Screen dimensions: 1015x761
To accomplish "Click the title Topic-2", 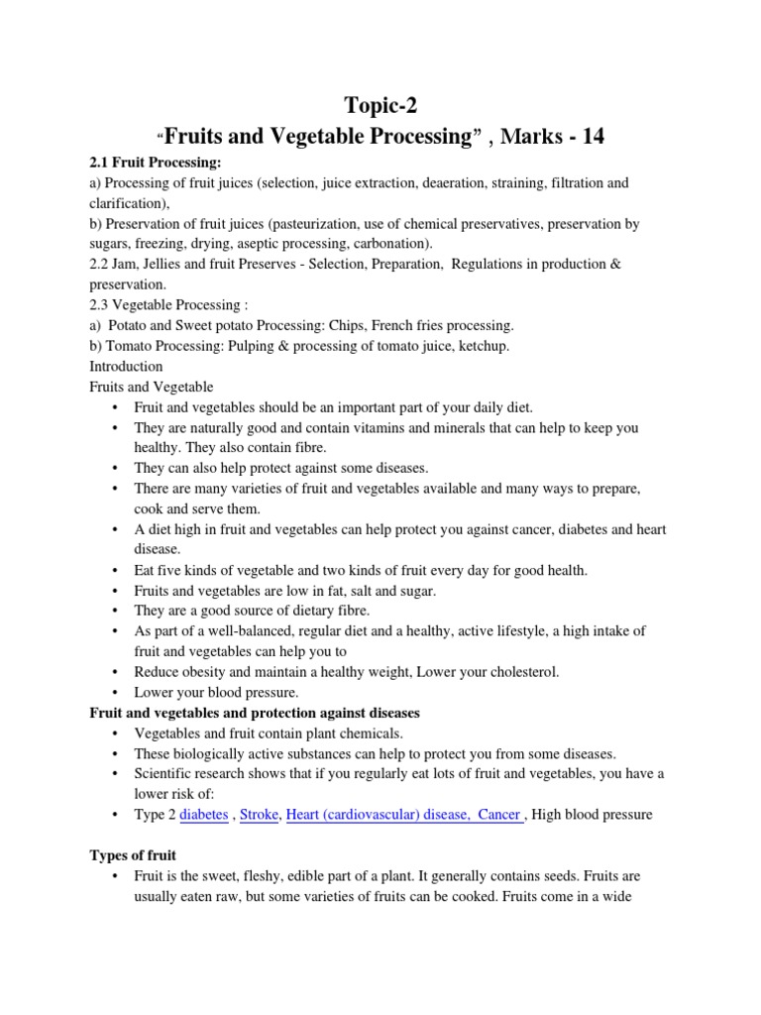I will [x=380, y=106].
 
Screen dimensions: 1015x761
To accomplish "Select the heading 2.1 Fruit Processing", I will [x=156, y=163].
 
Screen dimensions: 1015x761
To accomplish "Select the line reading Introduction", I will [x=126, y=366].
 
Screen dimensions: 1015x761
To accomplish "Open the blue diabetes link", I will [x=202, y=814].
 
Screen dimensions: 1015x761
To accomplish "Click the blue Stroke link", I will [x=259, y=814].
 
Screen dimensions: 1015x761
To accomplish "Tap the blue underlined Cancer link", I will [x=498, y=814].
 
